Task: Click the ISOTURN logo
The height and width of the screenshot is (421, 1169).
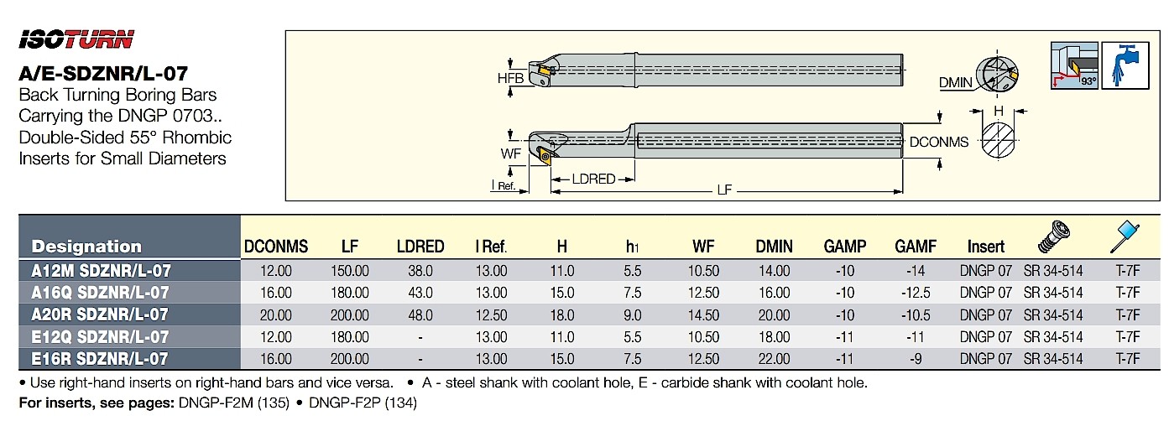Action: (76, 39)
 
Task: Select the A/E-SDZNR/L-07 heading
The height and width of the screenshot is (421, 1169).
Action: (103, 74)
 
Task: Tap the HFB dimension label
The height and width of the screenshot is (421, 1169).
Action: (510, 78)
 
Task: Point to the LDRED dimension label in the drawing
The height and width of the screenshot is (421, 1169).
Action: (593, 179)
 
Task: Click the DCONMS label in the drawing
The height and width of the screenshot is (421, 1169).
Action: (939, 142)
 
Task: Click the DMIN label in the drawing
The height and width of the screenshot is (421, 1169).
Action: (956, 82)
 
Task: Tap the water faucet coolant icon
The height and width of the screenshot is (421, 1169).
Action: (1125, 65)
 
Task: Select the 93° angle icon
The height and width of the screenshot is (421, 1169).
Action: (1074, 65)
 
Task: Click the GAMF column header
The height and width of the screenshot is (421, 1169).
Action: (916, 247)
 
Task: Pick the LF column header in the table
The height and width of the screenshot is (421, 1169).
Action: (350, 247)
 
